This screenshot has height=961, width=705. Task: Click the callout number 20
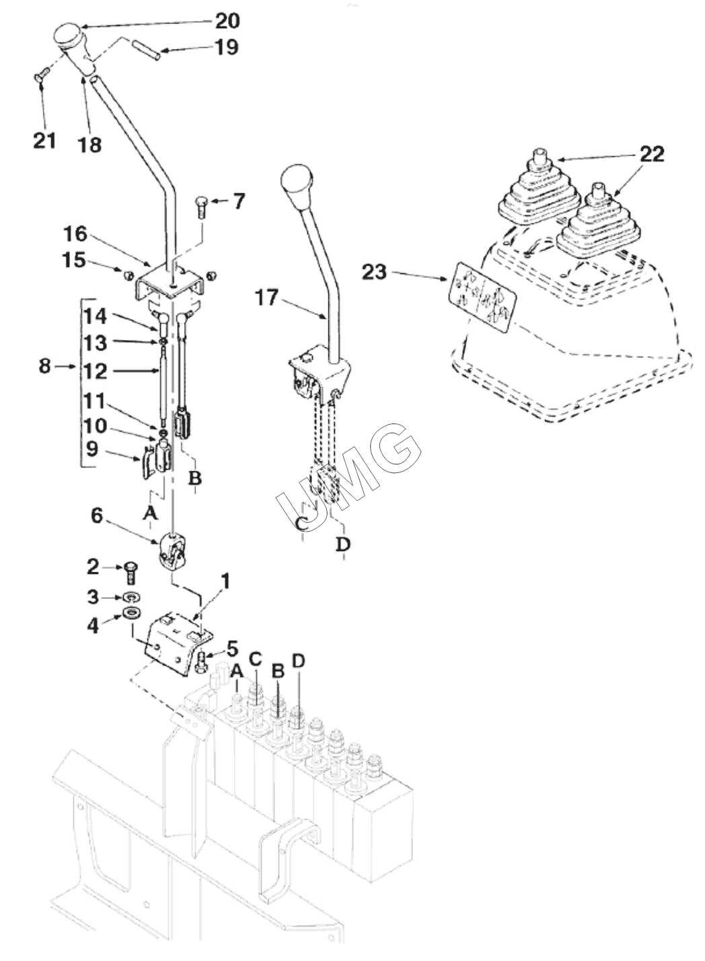click(227, 21)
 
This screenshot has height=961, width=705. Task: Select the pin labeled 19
click(146, 50)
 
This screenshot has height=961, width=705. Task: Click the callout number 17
click(267, 297)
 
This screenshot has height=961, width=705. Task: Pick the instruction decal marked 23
click(482, 297)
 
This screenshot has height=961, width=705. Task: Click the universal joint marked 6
click(172, 552)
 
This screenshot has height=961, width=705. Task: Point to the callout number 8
click(45, 366)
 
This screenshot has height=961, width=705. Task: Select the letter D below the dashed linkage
click(343, 544)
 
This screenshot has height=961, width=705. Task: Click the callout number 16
click(75, 234)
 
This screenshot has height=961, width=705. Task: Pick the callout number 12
click(96, 371)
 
